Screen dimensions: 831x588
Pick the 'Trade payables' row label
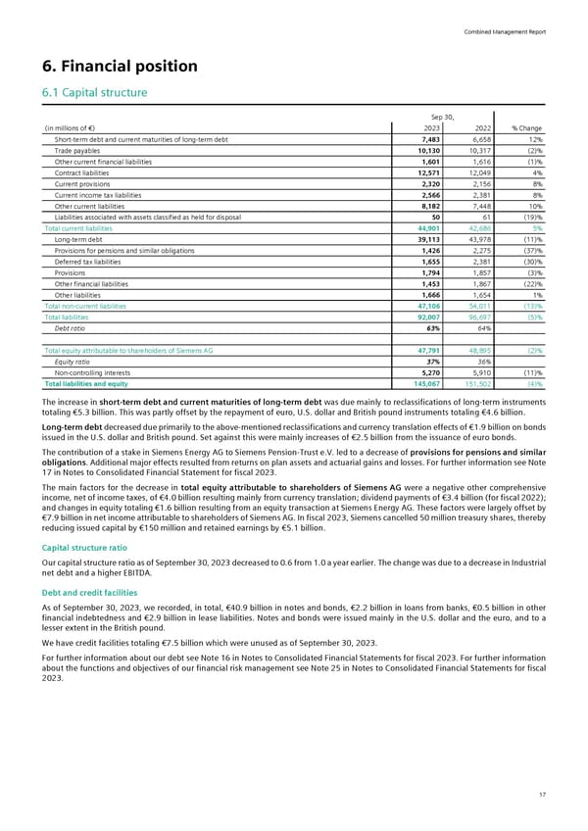tap(74, 153)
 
